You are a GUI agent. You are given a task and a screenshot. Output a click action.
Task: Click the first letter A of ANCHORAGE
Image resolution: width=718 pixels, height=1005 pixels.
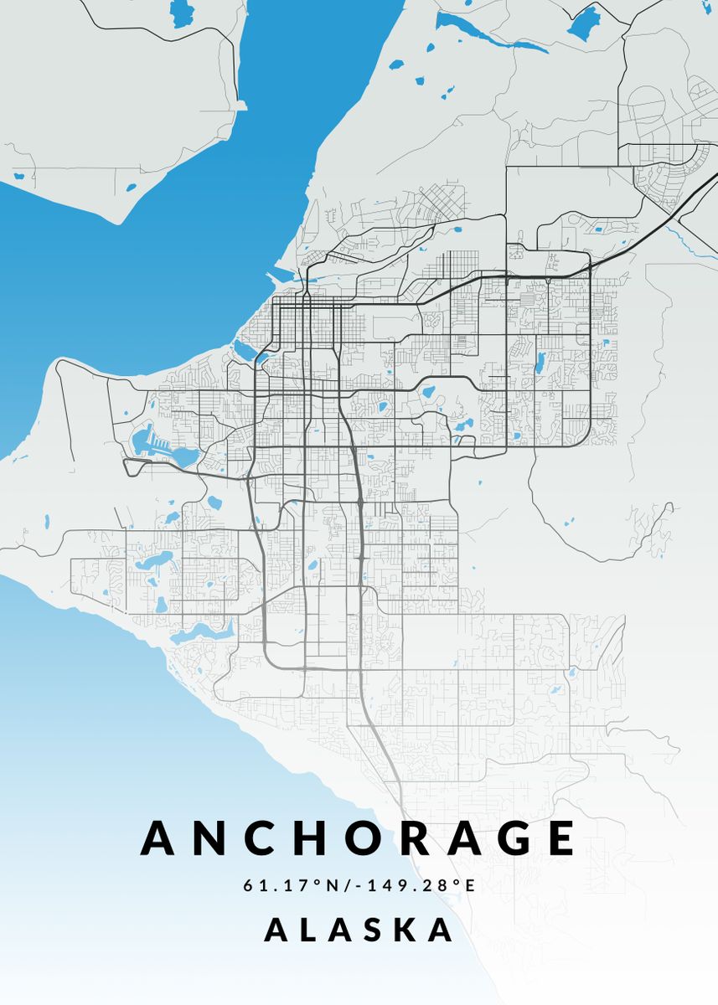click(162, 837)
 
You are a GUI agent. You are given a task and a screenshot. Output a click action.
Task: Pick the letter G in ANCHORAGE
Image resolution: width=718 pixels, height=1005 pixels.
click(502, 837)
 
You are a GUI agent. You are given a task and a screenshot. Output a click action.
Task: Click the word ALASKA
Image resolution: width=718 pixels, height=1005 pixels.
click(359, 930)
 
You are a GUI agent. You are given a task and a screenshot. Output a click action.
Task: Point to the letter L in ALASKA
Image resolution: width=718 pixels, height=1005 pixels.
click(313, 930)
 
